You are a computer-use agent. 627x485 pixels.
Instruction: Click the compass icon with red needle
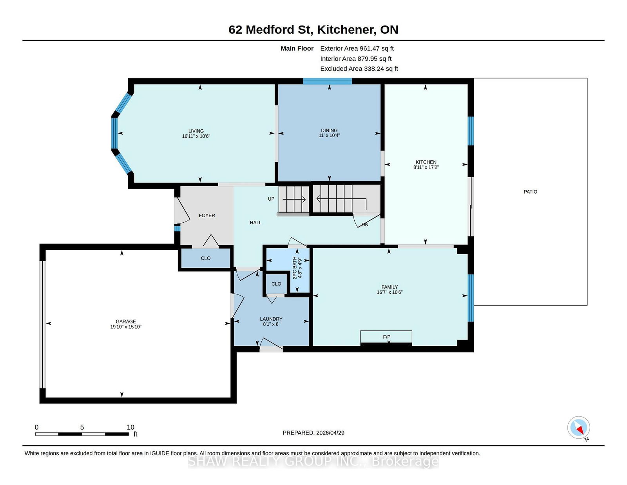578,427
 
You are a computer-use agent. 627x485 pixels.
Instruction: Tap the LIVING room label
196,131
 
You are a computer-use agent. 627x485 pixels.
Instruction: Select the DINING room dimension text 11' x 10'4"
329,135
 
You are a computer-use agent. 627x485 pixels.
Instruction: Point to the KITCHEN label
426,162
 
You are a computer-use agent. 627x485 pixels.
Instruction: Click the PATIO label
530,192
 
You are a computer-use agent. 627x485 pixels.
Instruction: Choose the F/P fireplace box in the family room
386,337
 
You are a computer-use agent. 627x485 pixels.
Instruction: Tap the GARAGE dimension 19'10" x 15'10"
126,327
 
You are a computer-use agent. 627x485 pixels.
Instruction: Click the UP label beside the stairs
271,199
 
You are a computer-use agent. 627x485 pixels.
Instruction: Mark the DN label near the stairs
365,225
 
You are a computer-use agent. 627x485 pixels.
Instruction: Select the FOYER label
207,215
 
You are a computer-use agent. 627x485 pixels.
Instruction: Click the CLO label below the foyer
205,258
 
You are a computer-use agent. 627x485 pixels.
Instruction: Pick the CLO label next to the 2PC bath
276,284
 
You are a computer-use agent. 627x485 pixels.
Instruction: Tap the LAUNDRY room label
271,319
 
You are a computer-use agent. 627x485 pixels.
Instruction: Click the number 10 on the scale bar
130,427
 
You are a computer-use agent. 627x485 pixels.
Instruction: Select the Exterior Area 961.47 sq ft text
357,49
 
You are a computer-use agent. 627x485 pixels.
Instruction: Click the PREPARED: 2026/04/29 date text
313,433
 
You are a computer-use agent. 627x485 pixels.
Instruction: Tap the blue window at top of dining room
327,81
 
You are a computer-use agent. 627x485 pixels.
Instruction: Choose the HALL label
256,223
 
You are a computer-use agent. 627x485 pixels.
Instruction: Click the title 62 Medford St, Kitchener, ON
313,29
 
